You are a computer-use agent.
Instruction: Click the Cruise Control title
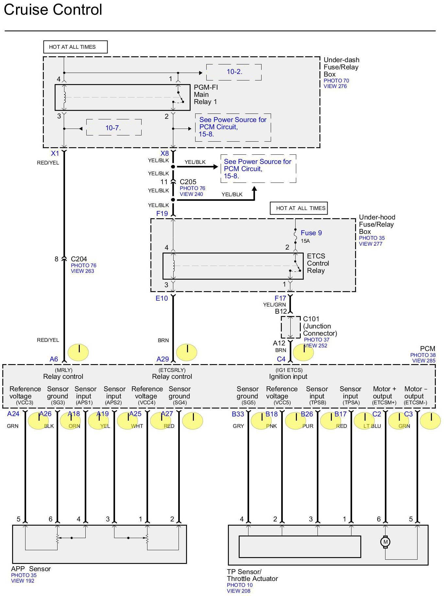pos(53,10)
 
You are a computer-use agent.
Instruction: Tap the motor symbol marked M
pos(385,542)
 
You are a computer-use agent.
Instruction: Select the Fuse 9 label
pos(311,233)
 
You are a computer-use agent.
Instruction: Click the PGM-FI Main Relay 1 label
pos(206,95)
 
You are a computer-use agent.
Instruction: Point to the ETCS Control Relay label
pos(318,263)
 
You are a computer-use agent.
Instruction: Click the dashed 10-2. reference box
pos(234,72)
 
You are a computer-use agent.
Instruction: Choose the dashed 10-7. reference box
pos(113,128)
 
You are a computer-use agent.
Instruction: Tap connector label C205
pos(188,182)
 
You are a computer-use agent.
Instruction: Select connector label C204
pos(79,259)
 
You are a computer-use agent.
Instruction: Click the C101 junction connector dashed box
pos(290,327)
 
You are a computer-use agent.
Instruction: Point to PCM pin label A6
pos(54,359)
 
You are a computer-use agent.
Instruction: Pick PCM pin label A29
pos(162,359)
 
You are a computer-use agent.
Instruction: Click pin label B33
pos(238,414)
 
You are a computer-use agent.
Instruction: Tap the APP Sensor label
pos(31,569)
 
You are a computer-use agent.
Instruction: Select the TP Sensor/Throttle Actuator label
pos(252,575)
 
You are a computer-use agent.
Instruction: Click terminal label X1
pos(55,153)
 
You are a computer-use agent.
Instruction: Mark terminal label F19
pos(162,214)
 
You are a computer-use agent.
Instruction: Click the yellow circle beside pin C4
pos(303,352)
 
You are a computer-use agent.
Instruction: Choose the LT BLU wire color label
pos(372,426)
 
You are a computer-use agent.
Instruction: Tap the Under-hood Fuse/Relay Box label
pos(377,224)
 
